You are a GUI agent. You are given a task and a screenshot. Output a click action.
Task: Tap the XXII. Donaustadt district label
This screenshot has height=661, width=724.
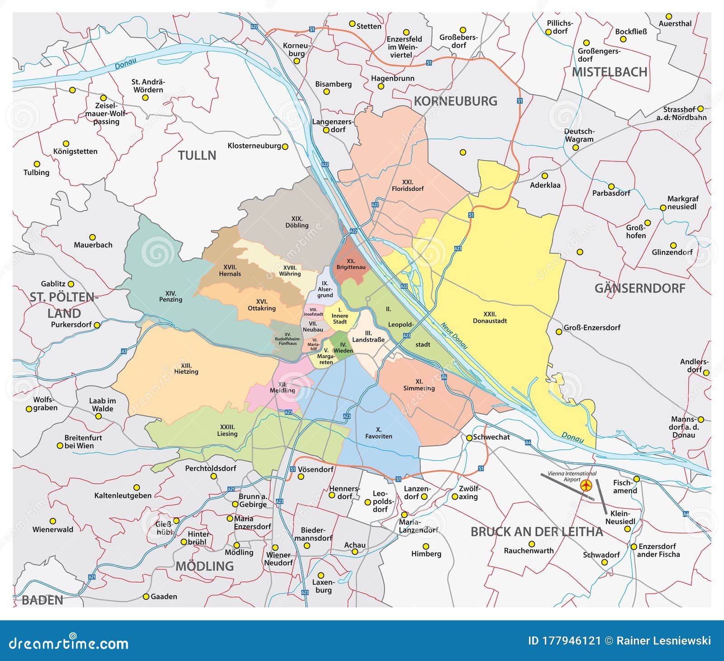[x=490, y=317]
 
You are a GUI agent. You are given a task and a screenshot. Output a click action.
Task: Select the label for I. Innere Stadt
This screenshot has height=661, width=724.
[x=340, y=316]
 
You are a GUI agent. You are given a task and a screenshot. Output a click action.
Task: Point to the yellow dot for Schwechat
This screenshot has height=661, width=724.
[x=470, y=437]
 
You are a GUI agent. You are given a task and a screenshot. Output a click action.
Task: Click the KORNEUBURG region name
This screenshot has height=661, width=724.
[x=455, y=101]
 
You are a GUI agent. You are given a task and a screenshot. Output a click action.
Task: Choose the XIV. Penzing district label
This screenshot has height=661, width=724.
[x=171, y=296]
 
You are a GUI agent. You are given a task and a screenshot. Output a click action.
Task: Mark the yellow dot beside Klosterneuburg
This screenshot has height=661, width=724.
[x=285, y=146]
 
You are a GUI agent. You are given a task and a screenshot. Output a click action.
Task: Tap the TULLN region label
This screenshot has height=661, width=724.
[x=197, y=156]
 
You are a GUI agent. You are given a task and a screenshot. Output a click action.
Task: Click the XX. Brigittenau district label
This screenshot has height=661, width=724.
[x=351, y=264]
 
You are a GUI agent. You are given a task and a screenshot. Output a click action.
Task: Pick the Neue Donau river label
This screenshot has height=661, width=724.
[x=454, y=335]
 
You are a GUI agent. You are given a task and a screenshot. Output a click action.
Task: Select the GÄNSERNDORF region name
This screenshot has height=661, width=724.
[x=639, y=288]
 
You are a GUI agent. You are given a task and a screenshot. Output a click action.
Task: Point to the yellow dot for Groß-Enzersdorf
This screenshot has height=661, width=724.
[x=559, y=332]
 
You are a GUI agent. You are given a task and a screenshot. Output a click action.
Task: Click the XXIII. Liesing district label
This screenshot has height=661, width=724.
[x=227, y=430]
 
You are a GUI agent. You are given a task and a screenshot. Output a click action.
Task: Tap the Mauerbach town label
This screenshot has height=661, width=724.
[x=93, y=245]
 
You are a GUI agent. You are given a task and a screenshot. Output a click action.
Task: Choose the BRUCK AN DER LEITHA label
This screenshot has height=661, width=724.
[x=537, y=532]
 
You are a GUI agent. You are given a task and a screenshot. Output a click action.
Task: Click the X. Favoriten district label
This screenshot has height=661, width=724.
[x=379, y=433]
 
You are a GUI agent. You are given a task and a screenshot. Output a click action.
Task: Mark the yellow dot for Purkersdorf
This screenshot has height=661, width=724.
[x=96, y=325]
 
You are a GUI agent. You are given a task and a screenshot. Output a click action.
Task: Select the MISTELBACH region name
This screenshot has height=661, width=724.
[x=609, y=72]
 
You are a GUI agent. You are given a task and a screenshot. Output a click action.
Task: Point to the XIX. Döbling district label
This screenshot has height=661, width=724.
[x=297, y=222]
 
